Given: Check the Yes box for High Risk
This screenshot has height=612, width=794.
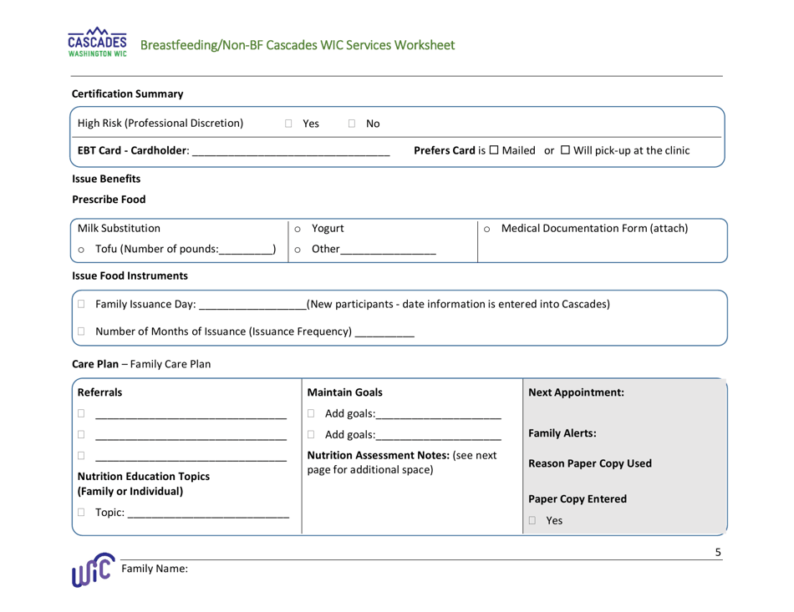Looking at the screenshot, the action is (288, 124).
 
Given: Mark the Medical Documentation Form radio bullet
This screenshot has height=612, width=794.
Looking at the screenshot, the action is (486, 228).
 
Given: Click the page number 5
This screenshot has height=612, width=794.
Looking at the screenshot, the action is (719, 553).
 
